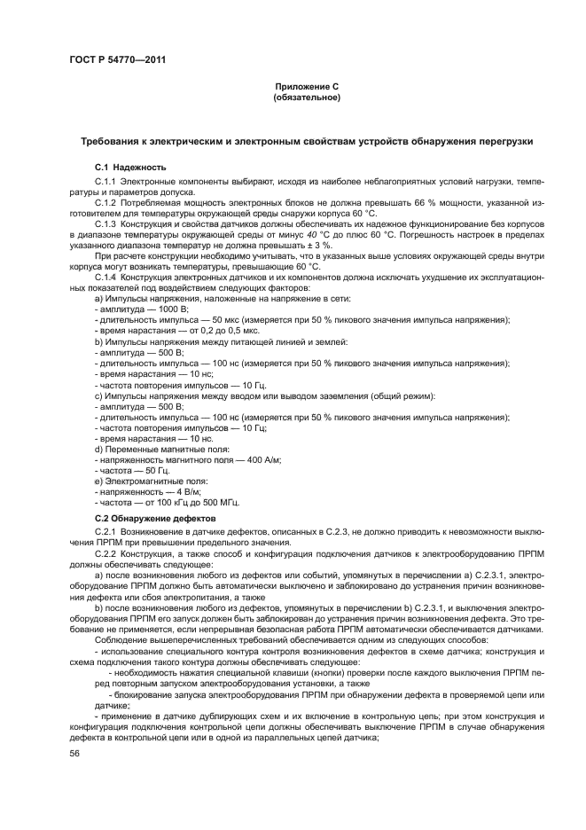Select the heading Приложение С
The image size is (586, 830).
coord(307,87)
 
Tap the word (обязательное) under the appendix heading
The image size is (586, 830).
coord(307,97)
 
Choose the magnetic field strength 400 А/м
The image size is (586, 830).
coord(262,460)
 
